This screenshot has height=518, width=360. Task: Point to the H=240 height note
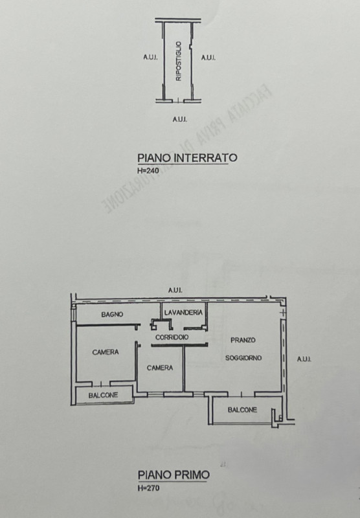click(147, 171)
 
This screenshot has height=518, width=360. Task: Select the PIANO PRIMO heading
click(173, 475)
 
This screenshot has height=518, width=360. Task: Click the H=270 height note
click(147, 488)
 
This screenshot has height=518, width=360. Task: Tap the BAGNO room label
click(111, 314)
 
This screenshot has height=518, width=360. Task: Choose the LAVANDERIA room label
click(184, 313)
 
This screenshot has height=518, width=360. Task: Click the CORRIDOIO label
click(172, 337)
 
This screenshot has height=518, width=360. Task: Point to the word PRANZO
click(243, 340)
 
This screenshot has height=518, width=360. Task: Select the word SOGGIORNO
click(243, 358)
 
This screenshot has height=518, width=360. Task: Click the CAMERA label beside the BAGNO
click(105, 352)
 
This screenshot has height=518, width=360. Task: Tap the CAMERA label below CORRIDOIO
click(159, 368)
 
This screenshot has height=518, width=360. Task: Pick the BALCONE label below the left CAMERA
click(104, 395)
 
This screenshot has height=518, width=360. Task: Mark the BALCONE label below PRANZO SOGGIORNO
click(242, 410)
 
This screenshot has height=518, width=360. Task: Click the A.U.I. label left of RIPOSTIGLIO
click(150, 58)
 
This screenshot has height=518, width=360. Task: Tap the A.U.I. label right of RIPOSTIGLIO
click(208, 58)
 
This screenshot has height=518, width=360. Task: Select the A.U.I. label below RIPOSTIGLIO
click(179, 118)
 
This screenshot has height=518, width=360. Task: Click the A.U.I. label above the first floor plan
click(175, 290)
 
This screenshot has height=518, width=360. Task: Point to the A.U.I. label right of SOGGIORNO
click(304, 359)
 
